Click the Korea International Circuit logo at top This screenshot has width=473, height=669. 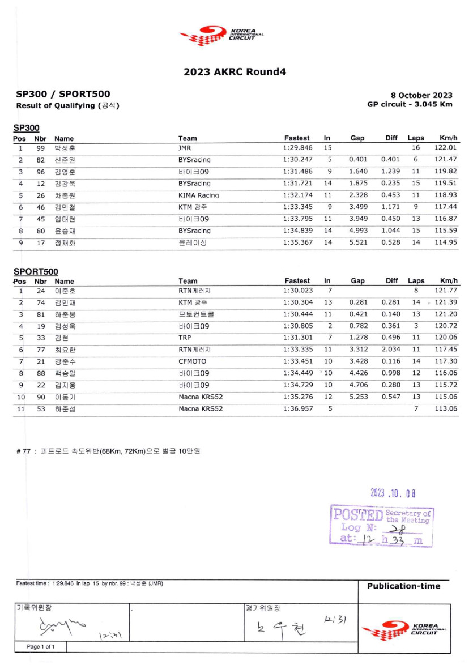click(221, 35)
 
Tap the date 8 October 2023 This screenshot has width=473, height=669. click(421, 95)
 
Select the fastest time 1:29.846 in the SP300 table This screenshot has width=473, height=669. click(297, 148)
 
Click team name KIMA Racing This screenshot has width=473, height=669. click(198, 195)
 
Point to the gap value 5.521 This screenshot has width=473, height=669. click(358, 242)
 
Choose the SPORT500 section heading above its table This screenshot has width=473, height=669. click(36, 272)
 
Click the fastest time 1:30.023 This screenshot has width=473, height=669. click(297, 290)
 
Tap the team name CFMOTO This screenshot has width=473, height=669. click(192, 361)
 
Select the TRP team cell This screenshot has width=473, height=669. click(185, 338)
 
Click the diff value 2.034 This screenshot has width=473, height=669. click(391, 350)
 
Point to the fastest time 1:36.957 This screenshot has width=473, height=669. click(297, 408)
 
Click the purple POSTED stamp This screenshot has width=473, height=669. click(381, 526)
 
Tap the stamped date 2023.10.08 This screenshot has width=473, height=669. click(393, 493)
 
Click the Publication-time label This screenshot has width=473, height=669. click(403, 586)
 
